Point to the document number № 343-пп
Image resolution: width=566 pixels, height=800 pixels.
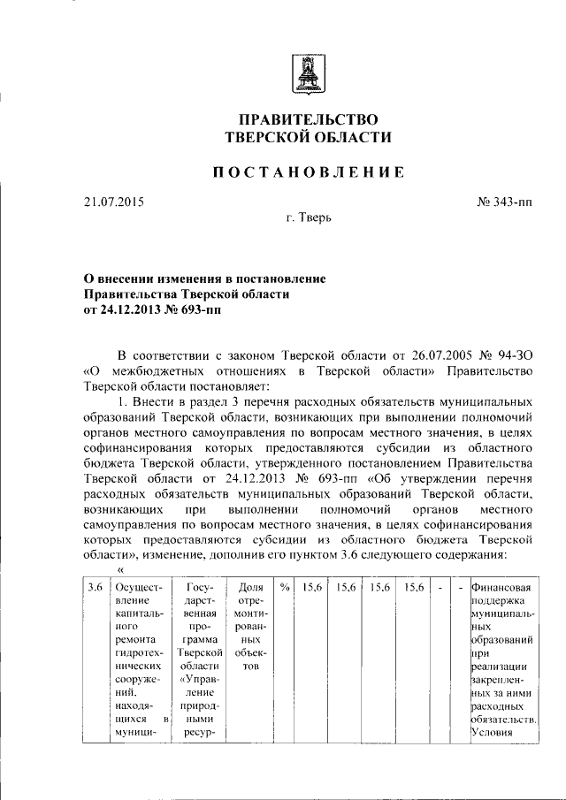coord(505,204)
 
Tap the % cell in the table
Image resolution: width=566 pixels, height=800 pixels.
coord(284,586)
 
